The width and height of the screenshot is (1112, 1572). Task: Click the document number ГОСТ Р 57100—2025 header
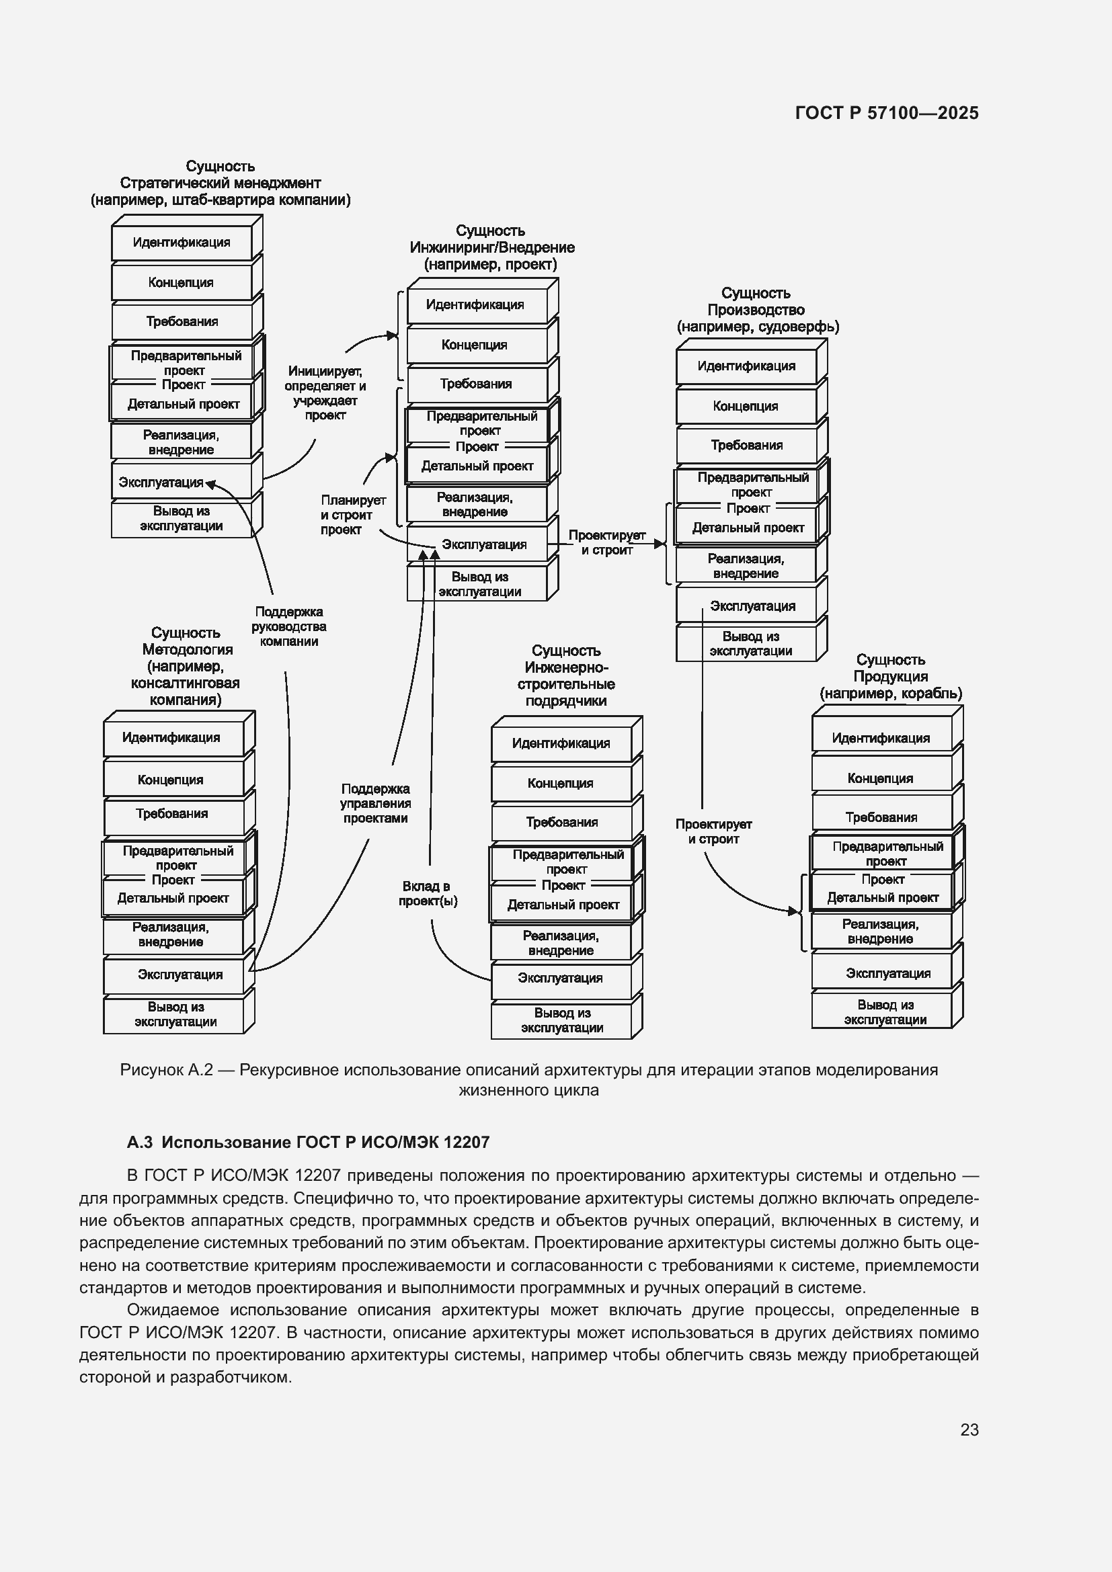pyautogui.click(x=887, y=114)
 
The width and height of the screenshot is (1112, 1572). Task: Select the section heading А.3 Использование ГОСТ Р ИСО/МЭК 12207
pyautogui.click(x=308, y=1142)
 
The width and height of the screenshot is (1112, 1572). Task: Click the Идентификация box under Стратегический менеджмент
pyautogui.click(x=182, y=243)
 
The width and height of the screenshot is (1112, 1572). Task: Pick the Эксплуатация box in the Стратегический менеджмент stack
pyautogui.click(x=161, y=482)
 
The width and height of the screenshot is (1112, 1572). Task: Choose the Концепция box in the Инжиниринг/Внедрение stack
pyautogui.click(x=475, y=344)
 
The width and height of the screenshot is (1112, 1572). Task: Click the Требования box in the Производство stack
pyautogui.click(x=746, y=445)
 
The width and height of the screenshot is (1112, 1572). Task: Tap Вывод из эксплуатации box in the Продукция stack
pyautogui.click(x=882, y=1012)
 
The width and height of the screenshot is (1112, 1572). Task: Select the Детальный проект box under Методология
pyautogui.click(x=173, y=899)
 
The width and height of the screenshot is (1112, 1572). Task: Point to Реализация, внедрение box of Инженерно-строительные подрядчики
pyautogui.click(x=561, y=943)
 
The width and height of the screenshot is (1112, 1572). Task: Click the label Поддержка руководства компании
pyautogui.click(x=288, y=626)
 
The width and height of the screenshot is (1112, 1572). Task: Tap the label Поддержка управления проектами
pyautogui.click(x=375, y=803)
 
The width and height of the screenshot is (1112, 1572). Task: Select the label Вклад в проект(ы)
pyautogui.click(x=428, y=893)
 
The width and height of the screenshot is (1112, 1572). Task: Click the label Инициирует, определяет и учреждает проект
pyautogui.click(x=325, y=393)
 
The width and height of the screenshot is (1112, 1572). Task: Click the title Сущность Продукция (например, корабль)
pyautogui.click(x=890, y=677)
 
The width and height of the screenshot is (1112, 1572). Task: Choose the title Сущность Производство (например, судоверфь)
pyautogui.click(x=757, y=310)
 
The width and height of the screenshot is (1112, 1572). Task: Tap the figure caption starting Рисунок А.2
pyautogui.click(x=528, y=1079)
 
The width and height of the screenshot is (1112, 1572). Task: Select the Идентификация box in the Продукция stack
pyautogui.click(x=881, y=738)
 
